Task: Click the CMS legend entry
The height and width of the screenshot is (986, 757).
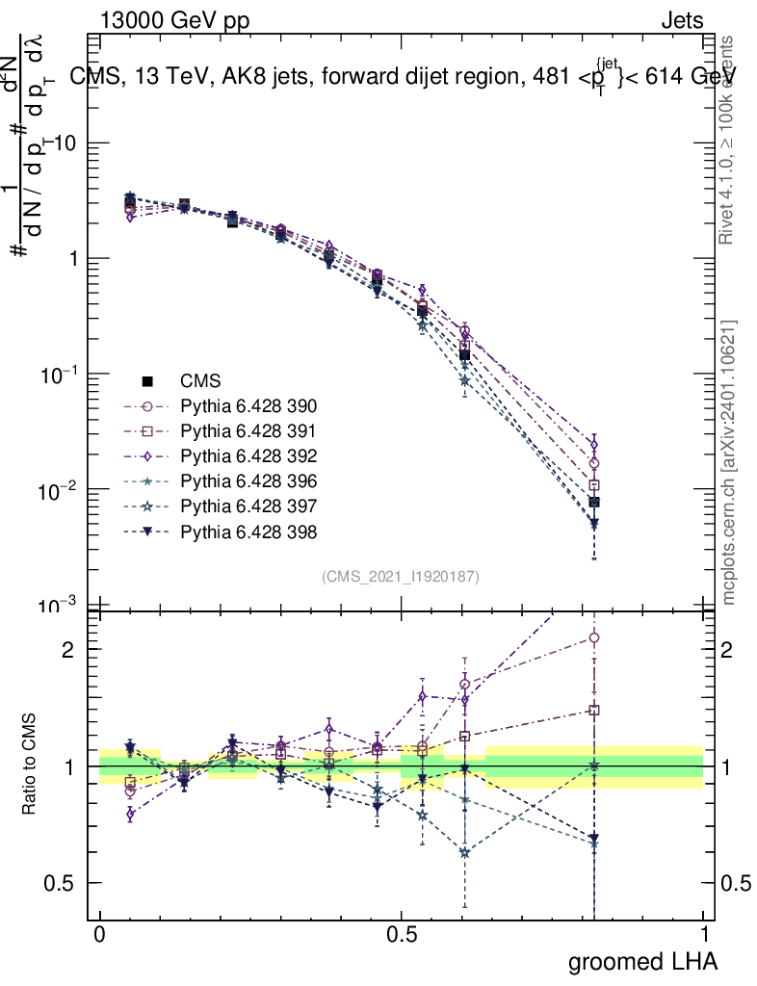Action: point(202,380)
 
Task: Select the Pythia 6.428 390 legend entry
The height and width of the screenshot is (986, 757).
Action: point(247,405)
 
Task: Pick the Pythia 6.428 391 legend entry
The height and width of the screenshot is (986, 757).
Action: point(247,430)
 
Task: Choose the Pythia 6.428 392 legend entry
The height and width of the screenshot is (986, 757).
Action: point(247,455)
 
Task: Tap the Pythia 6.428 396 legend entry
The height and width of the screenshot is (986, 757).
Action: point(247,480)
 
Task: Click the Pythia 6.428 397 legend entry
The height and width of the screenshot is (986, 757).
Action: point(247,506)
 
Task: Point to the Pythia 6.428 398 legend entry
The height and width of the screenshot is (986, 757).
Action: point(247,531)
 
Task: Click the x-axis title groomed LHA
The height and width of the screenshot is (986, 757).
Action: point(643,962)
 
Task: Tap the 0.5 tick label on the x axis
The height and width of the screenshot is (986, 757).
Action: point(402,935)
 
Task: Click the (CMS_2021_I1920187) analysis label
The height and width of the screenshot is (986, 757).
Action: point(401,576)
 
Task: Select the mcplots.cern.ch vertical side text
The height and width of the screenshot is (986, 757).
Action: point(729,462)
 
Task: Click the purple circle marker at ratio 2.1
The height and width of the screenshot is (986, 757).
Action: point(594,637)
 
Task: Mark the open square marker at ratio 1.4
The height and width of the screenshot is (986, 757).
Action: point(594,711)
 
